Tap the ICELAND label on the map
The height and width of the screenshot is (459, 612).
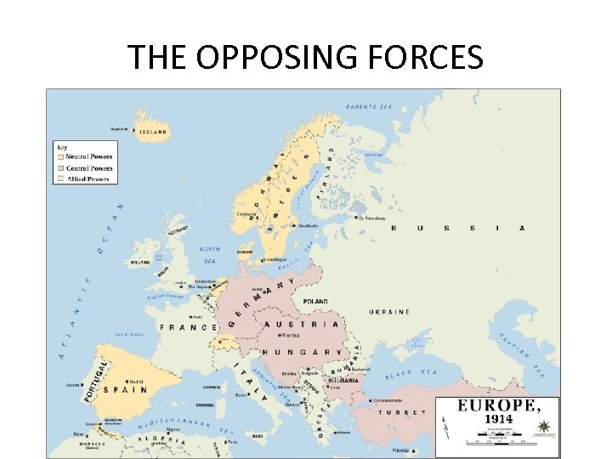155,132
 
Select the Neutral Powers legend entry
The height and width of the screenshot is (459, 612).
89,156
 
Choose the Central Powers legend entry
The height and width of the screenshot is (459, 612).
89,168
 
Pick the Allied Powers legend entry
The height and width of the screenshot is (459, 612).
88,179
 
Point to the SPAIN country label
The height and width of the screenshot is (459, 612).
125,391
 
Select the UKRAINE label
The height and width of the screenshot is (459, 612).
389,312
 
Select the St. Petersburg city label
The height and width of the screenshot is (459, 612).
371,218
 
